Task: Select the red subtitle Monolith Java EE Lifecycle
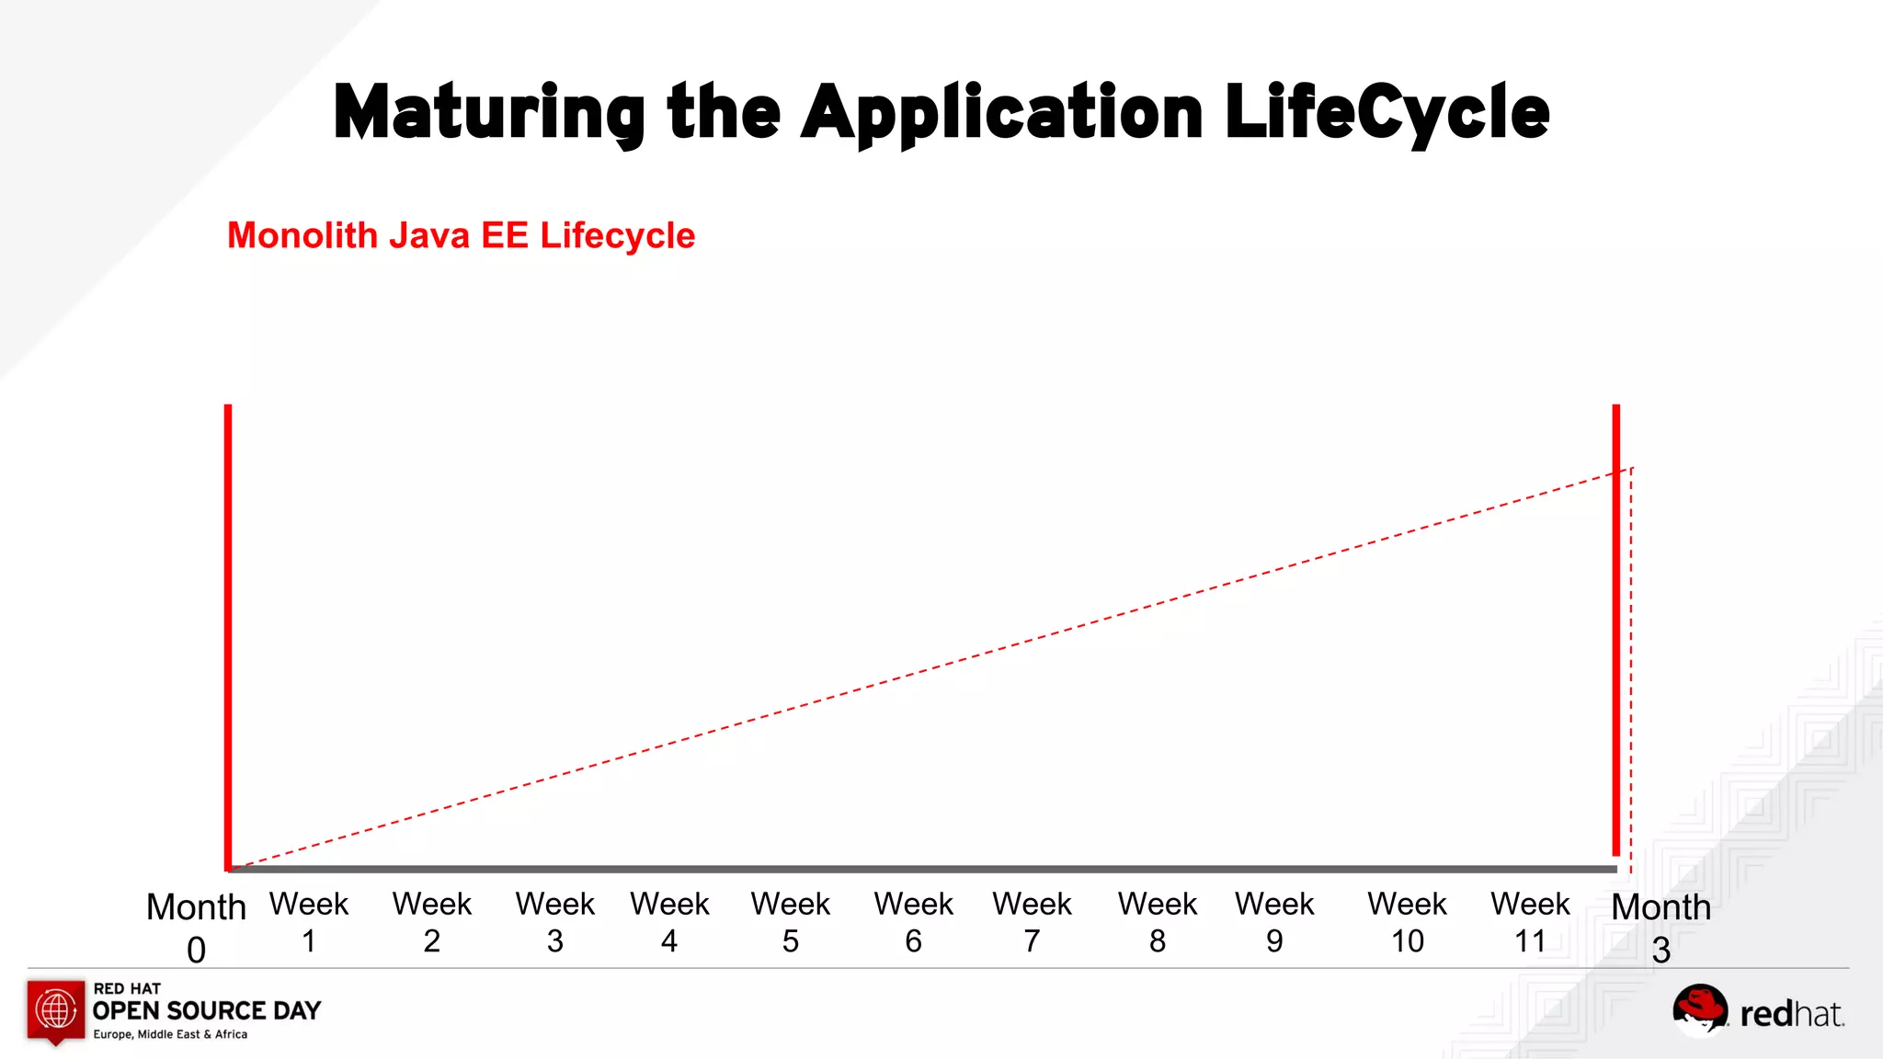tap(461, 235)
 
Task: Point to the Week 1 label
tap(309, 922)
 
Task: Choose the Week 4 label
tap(669, 922)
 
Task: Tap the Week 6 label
tap(913, 922)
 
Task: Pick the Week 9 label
tap(1274, 922)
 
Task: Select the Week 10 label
tap(1407, 922)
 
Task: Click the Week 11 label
tap(1530, 922)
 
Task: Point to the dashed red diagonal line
tap(919, 671)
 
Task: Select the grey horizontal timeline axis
tap(919, 869)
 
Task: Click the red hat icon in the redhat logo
tap(1699, 1008)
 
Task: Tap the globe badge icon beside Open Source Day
tap(56, 1010)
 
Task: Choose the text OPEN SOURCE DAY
tap(207, 1011)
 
